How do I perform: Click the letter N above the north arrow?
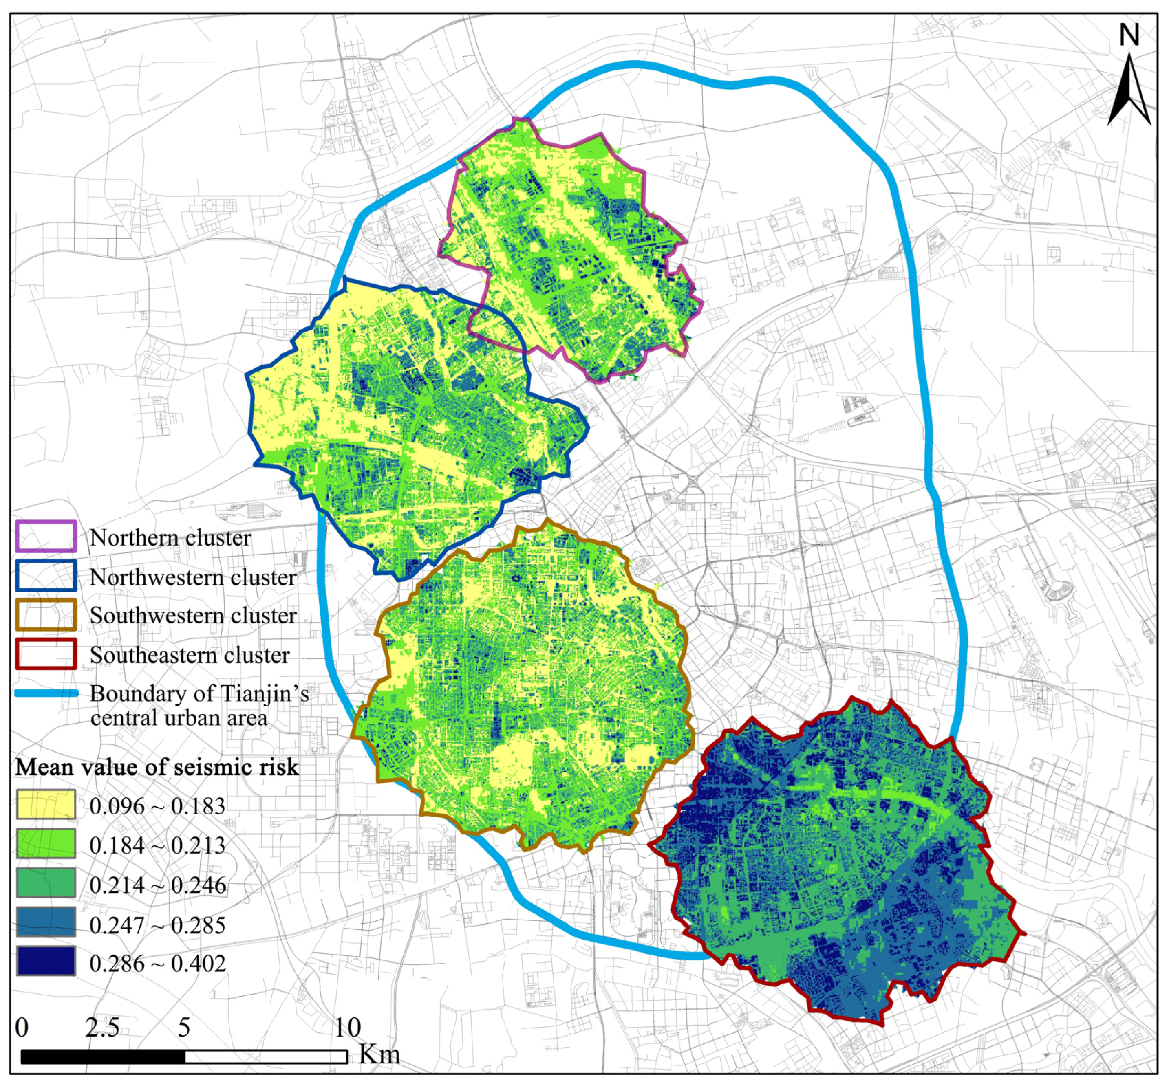tap(1129, 36)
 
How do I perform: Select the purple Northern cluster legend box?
tap(46, 536)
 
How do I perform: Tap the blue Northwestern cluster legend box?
tap(46, 575)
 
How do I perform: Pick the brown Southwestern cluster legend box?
tap(46, 615)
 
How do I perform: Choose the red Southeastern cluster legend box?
tap(46, 654)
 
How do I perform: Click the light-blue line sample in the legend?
tap(46, 693)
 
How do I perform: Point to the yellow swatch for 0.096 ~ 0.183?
tap(46, 804)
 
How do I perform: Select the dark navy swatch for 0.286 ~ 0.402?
tap(46, 961)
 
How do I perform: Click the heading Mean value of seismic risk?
tap(157, 767)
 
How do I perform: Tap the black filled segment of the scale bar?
tap(103, 1056)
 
